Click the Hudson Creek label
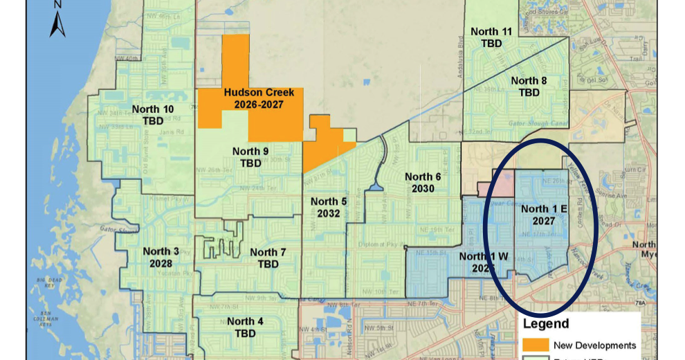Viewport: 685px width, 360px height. tap(259, 92)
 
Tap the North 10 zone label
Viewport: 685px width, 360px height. tap(153, 109)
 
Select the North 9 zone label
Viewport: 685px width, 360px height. tap(250, 152)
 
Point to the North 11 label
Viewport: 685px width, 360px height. tap(491, 31)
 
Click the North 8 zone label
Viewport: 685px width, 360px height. tap(529, 81)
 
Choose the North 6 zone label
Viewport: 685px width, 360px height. tap(423, 177)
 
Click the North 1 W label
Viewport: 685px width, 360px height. tap(484, 256)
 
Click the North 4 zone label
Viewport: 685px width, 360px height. tap(245, 321)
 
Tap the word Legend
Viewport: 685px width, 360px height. tap(546, 323)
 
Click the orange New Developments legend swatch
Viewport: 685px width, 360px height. tap(536, 345)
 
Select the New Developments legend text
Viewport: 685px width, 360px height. tap(594, 345)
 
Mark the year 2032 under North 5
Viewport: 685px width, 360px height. tap(329, 213)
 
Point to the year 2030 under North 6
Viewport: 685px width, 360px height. tap(423, 188)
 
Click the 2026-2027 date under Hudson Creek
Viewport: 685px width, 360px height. tap(259, 104)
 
